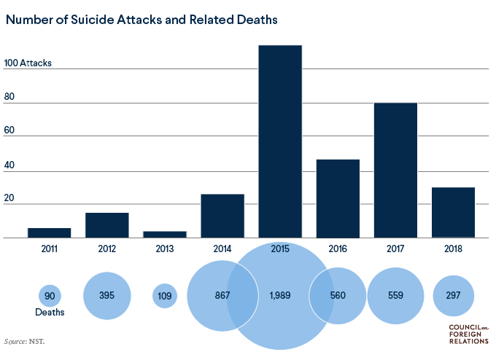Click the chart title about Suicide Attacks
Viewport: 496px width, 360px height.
142,20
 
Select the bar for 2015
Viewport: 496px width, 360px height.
280,141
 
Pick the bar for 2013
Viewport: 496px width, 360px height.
165,234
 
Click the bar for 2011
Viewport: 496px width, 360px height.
50,232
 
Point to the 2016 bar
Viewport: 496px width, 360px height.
338,198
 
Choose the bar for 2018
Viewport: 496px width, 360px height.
453,212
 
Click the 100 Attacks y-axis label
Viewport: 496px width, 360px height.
28,63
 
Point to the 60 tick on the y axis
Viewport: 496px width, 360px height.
9,136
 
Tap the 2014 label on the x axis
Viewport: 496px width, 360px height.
222,249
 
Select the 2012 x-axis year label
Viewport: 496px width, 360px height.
107,249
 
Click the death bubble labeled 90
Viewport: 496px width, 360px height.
50,296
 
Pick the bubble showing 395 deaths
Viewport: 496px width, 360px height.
107,296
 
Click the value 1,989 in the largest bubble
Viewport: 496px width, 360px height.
281,296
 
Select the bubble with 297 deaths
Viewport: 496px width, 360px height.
453,296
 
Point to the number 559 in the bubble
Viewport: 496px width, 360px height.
395,296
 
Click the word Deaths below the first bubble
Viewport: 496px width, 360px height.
50,313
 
